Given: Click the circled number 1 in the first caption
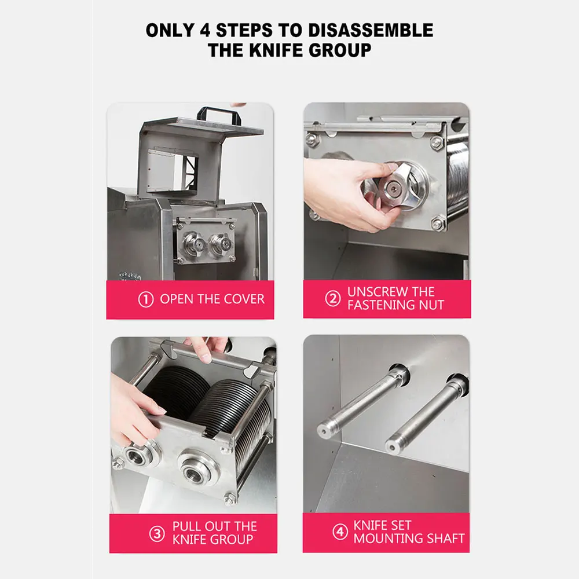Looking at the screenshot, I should [x=146, y=299].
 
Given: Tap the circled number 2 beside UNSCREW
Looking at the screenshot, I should [x=332, y=299].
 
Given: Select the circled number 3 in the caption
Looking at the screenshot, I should [x=157, y=533].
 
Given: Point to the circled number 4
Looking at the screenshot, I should [x=340, y=532].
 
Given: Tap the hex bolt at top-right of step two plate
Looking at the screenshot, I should [x=437, y=141].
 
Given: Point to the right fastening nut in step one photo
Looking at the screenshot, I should [x=219, y=244].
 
